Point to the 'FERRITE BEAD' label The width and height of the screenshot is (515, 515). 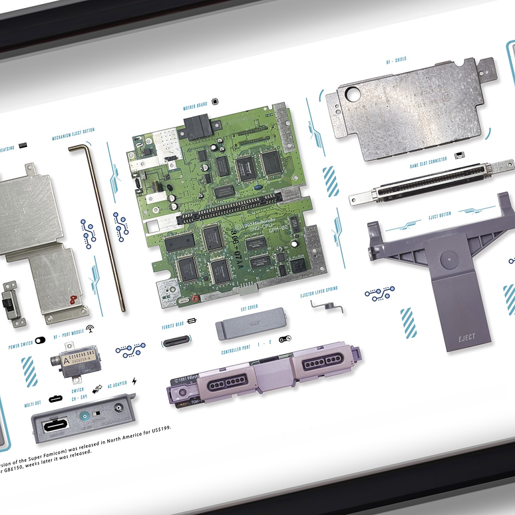(x=172, y=325)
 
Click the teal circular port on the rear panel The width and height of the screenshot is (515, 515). (x=85, y=419)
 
